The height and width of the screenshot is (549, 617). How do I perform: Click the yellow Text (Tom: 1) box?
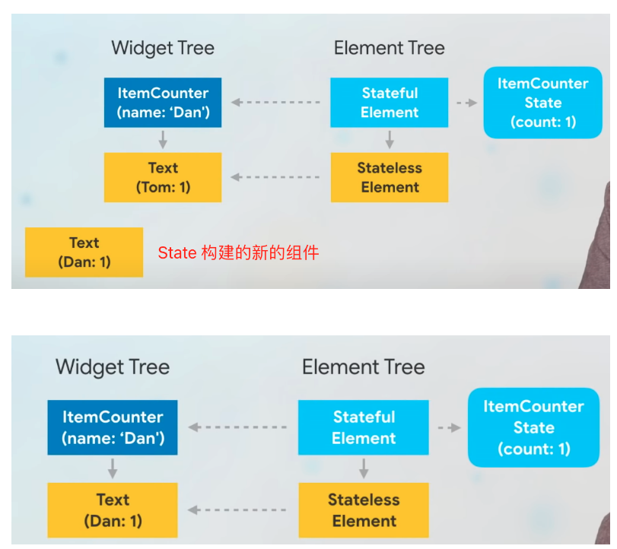163,177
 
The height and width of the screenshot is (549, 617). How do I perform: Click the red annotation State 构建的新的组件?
238,252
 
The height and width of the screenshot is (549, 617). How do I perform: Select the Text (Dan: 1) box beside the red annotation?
84,252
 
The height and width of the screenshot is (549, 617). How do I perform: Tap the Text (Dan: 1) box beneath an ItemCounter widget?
113,510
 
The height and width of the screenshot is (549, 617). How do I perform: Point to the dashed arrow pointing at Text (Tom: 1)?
275,177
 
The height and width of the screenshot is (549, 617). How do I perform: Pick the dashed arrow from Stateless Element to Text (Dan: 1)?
237,510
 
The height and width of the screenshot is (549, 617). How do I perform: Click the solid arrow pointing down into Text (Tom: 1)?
163,140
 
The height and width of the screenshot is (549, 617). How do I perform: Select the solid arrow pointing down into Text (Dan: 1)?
113,468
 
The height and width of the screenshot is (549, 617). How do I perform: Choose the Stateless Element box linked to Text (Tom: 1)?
390,177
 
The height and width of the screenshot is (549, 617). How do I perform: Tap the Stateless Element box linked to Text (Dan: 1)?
364,510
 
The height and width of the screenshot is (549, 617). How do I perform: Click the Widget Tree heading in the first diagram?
163,49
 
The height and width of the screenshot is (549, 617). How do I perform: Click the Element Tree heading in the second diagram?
364,367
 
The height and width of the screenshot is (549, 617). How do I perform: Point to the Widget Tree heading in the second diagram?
113,367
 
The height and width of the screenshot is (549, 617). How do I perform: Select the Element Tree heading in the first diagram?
390,48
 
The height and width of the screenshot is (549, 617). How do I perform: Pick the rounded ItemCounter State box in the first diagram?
543,103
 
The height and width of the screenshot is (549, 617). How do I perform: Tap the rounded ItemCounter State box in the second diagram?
533,427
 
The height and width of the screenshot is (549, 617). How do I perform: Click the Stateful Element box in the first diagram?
390,102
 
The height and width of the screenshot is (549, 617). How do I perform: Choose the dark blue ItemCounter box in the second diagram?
113,427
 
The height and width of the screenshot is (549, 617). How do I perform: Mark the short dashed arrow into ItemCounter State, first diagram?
466,103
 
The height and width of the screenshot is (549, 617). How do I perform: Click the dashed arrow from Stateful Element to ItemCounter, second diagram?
237,427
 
